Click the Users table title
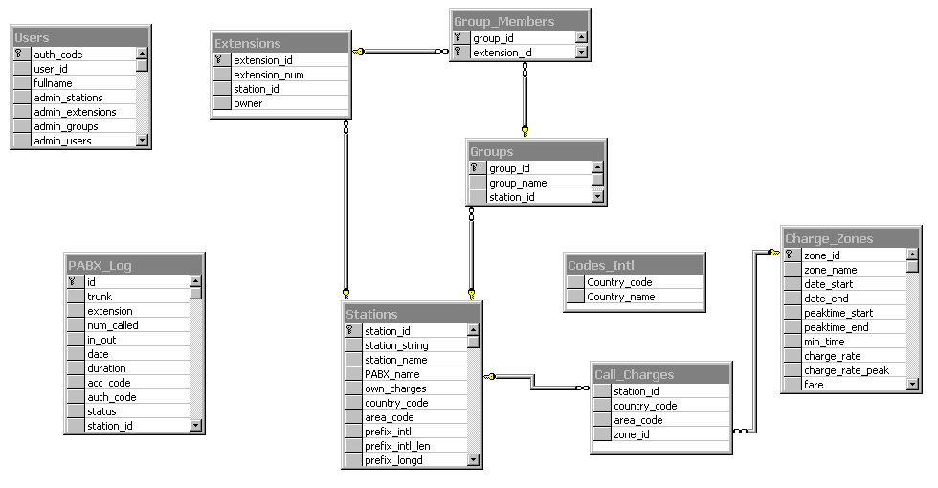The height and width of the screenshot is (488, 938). point(32,38)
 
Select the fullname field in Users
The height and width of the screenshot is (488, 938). point(53,83)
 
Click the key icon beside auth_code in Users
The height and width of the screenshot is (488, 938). point(19,55)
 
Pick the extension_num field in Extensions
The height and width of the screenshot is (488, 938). point(269,75)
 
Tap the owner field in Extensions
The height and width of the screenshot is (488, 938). point(248,103)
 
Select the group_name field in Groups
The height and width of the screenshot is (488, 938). point(518,183)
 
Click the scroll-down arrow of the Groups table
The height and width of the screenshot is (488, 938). point(597,197)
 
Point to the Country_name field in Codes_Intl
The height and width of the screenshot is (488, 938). point(620,297)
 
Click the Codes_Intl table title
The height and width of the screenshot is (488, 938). point(600,266)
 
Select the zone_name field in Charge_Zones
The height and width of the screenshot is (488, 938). point(830,270)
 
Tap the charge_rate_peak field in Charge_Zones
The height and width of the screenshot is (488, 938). point(846,370)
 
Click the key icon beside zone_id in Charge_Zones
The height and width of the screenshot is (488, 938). point(791,255)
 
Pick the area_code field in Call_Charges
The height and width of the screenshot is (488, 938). point(637,420)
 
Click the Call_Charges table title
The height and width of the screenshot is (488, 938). point(634,375)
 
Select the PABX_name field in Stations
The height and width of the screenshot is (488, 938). point(391,374)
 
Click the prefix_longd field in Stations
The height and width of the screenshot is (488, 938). point(393,460)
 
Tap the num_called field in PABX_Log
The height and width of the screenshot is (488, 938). point(112,325)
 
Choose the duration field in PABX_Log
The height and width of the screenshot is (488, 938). point(107,368)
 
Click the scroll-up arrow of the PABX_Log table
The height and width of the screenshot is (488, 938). point(195,282)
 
